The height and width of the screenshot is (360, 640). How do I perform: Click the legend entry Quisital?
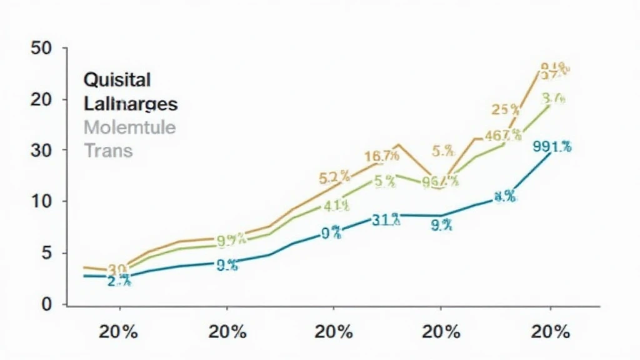[116, 80]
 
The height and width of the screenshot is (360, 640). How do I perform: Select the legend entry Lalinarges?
[130, 104]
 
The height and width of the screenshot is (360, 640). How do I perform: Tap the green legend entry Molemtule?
[129, 127]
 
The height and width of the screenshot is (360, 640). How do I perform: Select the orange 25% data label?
[506, 110]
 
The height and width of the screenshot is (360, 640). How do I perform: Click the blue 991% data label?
[552, 147]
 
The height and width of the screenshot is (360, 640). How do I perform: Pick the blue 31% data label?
[386, 219]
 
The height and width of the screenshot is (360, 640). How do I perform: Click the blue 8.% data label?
[504, 197]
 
